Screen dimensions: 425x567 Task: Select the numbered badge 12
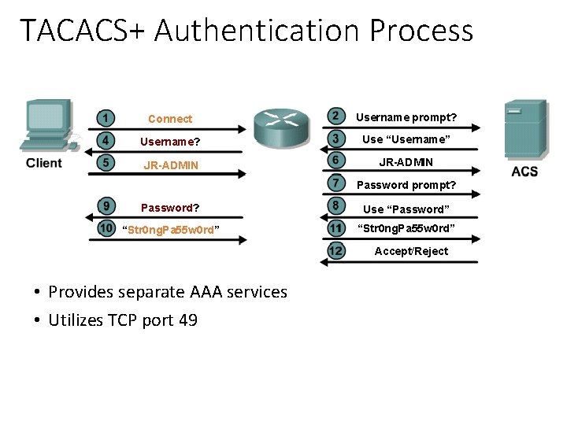pyautogui.click(x=336, y=251)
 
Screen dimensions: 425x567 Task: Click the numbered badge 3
pyautogui.click(x=336, y=139)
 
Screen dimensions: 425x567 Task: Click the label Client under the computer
pyautogui.click(x=44, y=164)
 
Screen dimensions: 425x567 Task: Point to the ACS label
pyautogui.click(x=524, y=172)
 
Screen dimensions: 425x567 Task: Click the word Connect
pyautogui.click(x=170, y=119)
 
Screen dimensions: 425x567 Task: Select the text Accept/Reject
pyautogui.click(x=411, y=251)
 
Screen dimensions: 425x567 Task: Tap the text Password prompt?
pyautogui.click(x=406, y=186)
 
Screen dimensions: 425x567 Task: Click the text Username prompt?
pyautogui.click(x=406, y=117)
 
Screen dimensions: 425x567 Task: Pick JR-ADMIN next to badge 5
pyautogui.click(x=170, y=165)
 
